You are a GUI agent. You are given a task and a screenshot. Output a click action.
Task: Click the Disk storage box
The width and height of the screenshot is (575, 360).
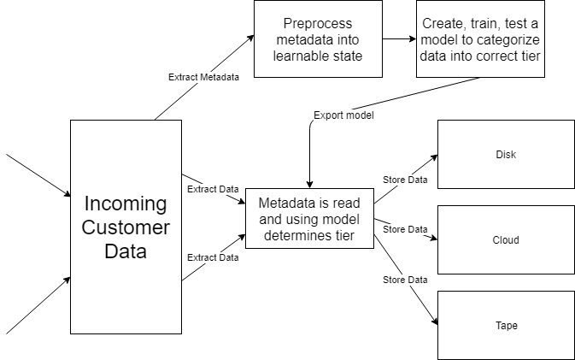coord(506,154)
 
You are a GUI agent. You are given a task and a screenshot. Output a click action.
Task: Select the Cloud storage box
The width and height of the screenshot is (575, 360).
coord(506,239)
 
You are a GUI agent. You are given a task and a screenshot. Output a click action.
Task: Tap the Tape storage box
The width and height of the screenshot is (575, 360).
coord(506,325)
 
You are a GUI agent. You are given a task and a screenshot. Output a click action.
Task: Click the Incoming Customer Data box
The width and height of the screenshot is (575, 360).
coord(126,227)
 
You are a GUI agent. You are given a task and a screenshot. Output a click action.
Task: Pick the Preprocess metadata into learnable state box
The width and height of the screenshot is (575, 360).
coord(318,38)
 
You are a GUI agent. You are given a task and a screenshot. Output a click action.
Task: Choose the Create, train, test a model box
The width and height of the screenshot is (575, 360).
coord(480,38)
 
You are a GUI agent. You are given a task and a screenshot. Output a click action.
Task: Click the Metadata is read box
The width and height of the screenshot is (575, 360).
coord(309,219)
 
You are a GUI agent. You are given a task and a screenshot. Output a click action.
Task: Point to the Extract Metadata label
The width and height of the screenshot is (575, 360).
coord(203,77)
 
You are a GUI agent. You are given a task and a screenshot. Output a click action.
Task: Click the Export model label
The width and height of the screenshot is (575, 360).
coord(343,115)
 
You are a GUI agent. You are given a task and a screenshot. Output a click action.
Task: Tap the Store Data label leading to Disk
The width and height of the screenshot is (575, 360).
coord(405,180)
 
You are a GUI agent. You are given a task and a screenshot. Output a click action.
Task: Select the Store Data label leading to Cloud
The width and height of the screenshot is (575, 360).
coord(405,229)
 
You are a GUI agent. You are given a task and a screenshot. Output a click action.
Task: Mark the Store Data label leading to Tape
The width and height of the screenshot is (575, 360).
coord(405,280)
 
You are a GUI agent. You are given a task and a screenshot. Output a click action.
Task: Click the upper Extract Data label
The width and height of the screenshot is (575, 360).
coord(213,189)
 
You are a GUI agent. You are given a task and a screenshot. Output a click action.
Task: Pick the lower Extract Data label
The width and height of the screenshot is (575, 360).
coord(213,257)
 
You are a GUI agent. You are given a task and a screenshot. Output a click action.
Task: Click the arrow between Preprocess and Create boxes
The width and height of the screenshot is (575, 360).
coord(399,38)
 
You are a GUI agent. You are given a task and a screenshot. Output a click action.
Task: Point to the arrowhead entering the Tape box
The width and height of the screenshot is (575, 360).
coord(435,322)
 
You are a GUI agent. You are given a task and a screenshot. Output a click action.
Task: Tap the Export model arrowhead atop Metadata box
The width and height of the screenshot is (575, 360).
coord(309,184)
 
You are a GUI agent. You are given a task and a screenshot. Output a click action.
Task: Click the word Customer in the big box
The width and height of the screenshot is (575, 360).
coord(126,227)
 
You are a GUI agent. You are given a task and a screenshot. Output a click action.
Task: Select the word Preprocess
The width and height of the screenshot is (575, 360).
coord(318,23)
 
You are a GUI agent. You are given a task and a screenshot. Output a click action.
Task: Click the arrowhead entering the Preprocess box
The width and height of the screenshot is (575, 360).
coord(250,38)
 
